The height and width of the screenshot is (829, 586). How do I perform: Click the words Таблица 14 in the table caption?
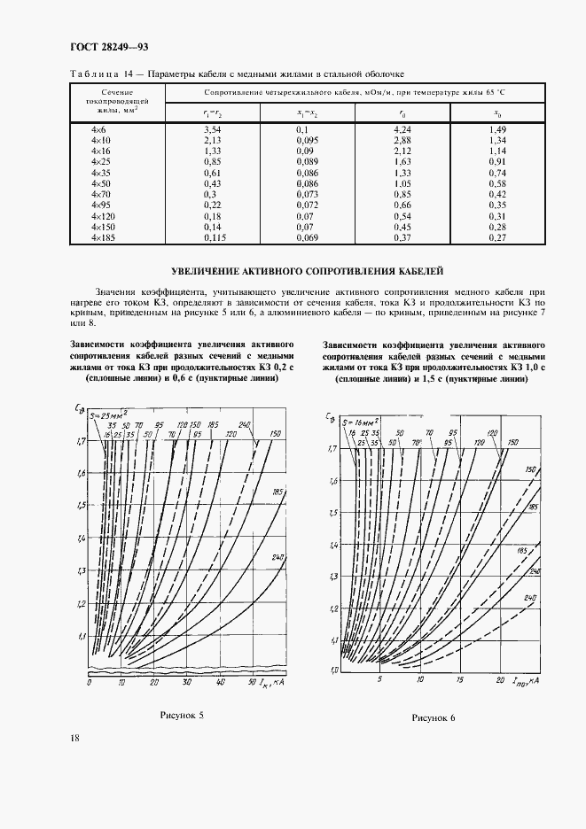pyautogui.click(x=98, y=74)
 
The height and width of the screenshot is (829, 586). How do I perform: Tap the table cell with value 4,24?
pyautogui.click(x=379, y=130)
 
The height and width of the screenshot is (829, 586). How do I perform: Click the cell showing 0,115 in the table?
pyautogui.click(x=213, y=237)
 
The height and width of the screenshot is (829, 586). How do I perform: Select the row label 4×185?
pyautogui.click(x=105, y=237)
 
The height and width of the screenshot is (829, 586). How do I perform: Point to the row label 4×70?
pyautogui.click(x=102, y=194)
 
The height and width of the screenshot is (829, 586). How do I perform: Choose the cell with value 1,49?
pyautogui.click(x=497, y=130)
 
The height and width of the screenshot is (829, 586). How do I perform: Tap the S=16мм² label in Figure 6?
pyautogui.click(x=362, y=422)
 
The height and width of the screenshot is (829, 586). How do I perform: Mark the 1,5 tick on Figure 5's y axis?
pyautogui.click(x=81, y=506)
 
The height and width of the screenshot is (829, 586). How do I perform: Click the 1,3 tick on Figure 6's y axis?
pyautogui.click(x=333, y=577)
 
